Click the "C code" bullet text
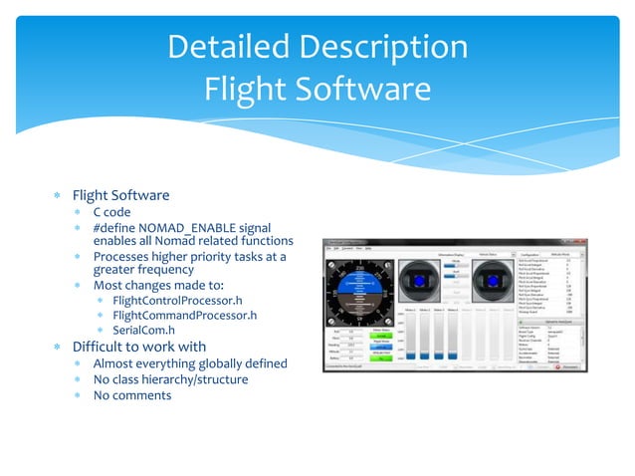coord(111,212)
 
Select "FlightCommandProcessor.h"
coord(185,316)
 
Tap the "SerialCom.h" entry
coord(144,331)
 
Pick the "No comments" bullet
coord(132,395)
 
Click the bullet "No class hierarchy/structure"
coord(170,379)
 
